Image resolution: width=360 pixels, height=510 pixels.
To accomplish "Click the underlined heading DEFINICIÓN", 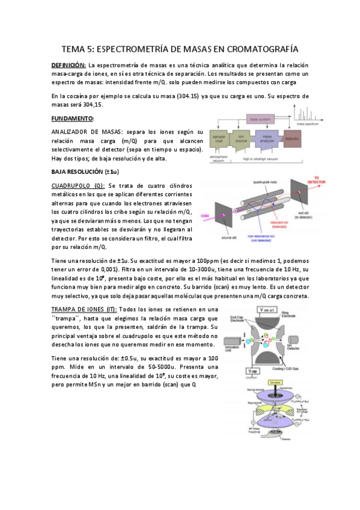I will (x=69, y=64).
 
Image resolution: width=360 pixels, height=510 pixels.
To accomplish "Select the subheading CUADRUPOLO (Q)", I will (x=78, y=186).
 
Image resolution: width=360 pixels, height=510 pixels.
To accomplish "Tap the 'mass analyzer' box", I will (x=267, y=141).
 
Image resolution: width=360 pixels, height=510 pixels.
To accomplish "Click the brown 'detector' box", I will (x=292, y=141).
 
